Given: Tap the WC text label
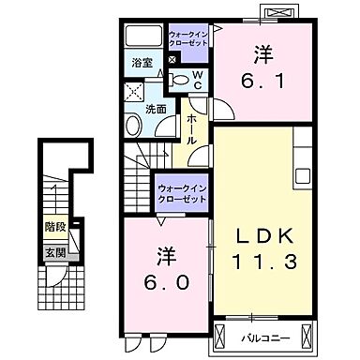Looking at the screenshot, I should coord(198,82).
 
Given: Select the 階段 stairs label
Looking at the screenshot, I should coord(54,226).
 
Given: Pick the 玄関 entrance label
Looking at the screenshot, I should coord(54,252).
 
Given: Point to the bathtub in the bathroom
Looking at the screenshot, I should coord(144,38).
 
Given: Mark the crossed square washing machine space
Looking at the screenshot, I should coord(134,94).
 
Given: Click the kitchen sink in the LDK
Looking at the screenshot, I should coord(304,176).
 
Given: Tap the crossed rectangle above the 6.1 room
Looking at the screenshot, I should coord(280,13).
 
